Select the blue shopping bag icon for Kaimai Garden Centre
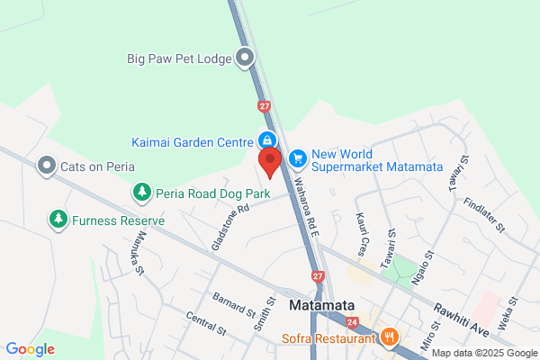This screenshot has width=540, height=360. [267, 140]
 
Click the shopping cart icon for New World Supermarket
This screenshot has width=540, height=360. [297, 158]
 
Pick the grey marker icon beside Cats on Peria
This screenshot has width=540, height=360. [46, 166]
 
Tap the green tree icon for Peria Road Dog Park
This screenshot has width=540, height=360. [142, 192]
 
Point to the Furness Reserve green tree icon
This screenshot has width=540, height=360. [58, 219]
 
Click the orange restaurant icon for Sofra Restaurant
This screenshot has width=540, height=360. [390, 337]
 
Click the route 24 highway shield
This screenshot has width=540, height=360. [351, 321]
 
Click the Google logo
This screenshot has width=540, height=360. [31, 349]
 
